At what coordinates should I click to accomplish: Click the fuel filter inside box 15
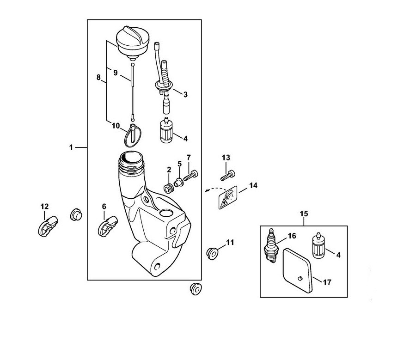click(x=318, y=245)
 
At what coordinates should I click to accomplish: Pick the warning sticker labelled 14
click(x=228, y=197)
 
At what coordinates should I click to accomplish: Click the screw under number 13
click(x=227, y=175)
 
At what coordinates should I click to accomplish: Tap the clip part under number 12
click(x=48, y=226)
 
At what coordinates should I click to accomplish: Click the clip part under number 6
click(x=107, y=226)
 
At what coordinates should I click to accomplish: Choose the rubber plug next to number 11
click(x=212, y=253)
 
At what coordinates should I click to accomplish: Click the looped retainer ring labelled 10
click(x=133, y=135)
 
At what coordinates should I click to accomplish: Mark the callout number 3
click(x=185, y=94)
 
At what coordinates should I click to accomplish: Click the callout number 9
click(x=116, y=73)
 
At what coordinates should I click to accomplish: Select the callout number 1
click(x=71, y=147)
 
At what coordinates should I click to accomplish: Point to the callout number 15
click(x=304, y=214)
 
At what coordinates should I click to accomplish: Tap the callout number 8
click(x=98, y=78)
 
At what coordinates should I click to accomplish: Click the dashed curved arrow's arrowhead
click(x=207, y=190)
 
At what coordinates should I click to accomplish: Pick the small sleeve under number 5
click(x=179, y=183)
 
